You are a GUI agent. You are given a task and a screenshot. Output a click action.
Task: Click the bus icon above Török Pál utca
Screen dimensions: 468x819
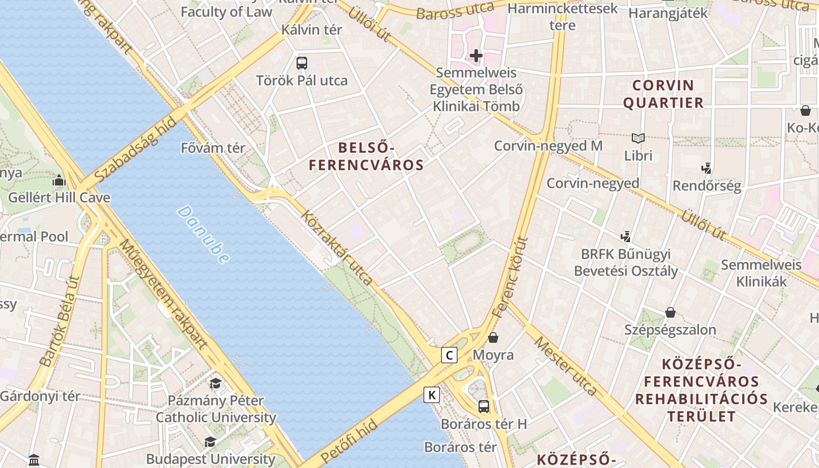(x=302, y=63)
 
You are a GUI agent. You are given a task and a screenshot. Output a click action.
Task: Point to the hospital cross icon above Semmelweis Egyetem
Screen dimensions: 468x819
(x=476, y=56)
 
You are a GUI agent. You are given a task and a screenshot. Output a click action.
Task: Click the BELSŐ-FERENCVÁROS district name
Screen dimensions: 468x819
(x=366, y=156)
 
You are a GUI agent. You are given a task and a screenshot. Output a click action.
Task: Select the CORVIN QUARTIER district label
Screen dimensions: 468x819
(x=663, y=94)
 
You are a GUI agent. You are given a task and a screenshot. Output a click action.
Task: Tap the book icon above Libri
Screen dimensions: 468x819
(x=638, y=139)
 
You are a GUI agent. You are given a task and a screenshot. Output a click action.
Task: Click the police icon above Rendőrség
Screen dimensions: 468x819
(x=707, y=168)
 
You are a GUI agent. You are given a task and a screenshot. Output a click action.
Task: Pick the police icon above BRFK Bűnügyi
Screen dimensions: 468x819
(x=626, y=237)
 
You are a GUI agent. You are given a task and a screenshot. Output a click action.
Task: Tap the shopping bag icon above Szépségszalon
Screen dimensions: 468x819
(x=670, y=312)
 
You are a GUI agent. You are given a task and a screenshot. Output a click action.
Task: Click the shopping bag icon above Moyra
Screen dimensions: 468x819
(x=493, y=338)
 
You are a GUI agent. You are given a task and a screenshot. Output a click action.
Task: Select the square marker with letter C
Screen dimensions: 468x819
(x=449, y=355)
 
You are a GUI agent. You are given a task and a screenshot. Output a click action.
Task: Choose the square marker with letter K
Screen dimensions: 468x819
(x=432, y=395)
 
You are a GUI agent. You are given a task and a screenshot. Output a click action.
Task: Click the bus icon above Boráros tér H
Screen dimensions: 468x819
(x=484, y=406)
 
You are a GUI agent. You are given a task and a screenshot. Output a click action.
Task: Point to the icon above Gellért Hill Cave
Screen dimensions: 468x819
(x=59, y=180)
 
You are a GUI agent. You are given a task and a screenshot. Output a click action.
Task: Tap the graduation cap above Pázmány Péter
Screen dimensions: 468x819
(x=216, y=383)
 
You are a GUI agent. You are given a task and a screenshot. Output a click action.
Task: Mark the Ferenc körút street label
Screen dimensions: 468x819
(x=510, y=277)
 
